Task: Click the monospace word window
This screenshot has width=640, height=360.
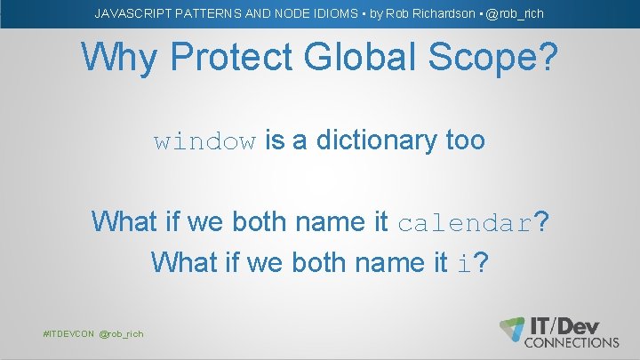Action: click(x=205, y=141)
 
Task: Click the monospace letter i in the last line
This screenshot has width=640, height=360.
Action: click(x=464, y=263)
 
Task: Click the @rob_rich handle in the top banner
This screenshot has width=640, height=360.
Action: click(x=515, y=14)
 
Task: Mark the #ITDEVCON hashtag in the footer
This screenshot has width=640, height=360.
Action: click(x=68, y=333)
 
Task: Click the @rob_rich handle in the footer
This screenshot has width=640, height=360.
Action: click(x=121, y=333)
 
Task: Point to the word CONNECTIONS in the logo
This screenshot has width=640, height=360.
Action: click(x=572, y=341)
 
